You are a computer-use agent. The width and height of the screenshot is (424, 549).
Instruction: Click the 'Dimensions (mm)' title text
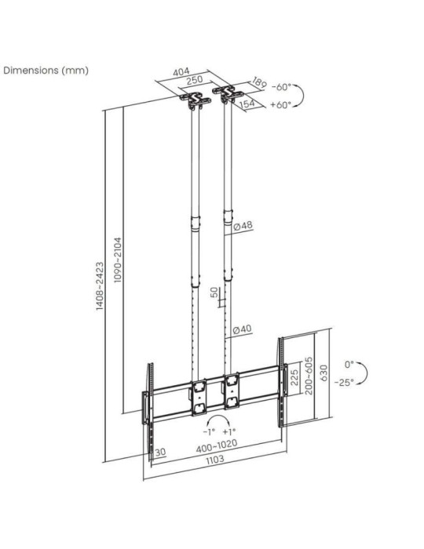[46, 70]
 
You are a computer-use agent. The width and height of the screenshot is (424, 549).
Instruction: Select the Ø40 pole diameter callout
[244, 329]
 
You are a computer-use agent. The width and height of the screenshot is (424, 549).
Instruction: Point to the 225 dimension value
[294, 378]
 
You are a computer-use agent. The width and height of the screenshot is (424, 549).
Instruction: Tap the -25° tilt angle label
[344, 382]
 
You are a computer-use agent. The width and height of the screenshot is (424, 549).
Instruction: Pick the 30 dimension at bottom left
[160, 452]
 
